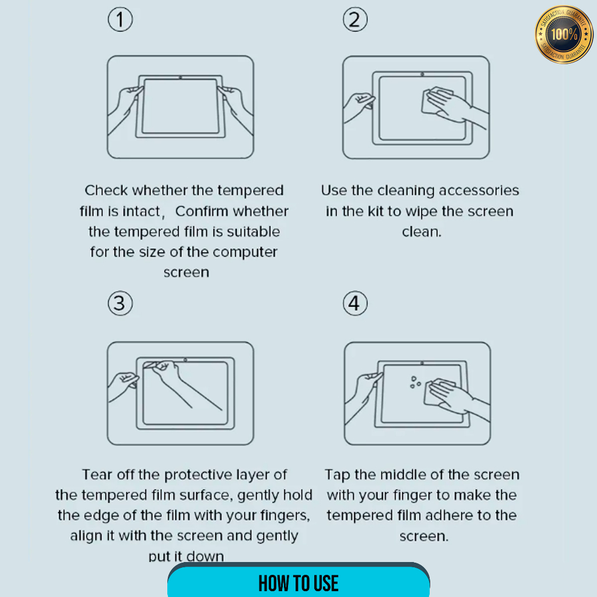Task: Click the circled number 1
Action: click(x=120, y=20)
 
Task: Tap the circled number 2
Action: click(x=355, y=20)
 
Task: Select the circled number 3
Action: click(x=120, y=303)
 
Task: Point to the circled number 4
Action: click(x=355, y=303)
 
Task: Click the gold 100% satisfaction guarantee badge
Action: click(x=564, y=34)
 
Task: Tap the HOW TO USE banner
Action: click(x=298, y=580)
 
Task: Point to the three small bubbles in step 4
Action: click(x=415, y=382)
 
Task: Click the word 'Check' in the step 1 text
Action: click(x=106, y=190)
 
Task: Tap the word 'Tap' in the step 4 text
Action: click(x=338, y=475)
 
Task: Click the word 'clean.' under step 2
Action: click(x=422, y=231)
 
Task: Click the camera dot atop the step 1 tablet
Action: click(x=181, y=78)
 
